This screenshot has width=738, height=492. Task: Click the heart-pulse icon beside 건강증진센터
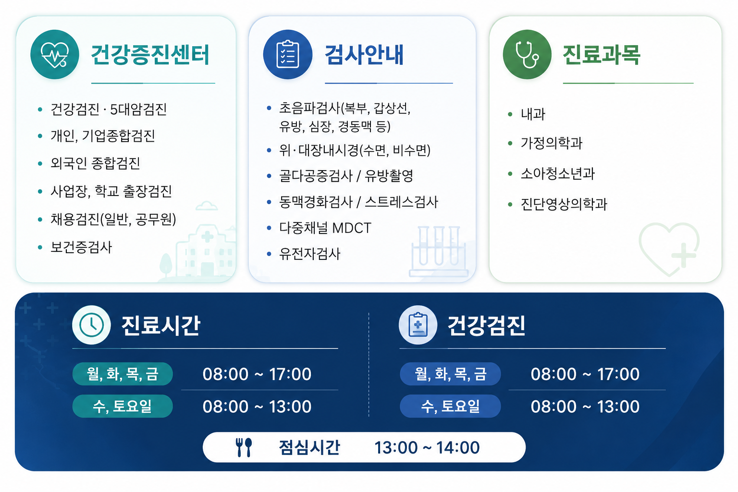click(x=55, y=54)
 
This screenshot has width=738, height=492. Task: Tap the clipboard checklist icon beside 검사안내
click(x=288, y=54)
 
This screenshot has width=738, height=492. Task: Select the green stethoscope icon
click(x=527, y=54)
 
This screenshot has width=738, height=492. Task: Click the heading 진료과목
click(x=601, y=55)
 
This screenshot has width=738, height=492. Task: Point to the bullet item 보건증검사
click(x=81, y=247)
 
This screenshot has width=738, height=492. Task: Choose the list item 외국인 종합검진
click(x=95, y=163)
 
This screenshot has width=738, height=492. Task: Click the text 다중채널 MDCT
click(x=325, y=228)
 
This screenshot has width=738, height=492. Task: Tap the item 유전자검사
click(x=310, y=254)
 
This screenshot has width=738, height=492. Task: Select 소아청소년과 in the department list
click(x=557, y=173)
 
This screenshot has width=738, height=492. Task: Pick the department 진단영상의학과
click(x=564, y=204)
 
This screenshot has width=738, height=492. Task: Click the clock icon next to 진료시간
click(x=91, y=325)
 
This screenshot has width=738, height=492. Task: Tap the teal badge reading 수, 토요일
click(x=123, y=406)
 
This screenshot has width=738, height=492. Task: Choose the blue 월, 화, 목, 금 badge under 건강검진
click(x=450, y=374)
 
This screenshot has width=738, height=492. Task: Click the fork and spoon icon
click(x=244, y=447)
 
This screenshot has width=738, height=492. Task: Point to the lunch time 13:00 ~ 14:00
click(x=427, y=447)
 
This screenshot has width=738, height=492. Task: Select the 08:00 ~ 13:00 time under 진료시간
click(x=257, y=406)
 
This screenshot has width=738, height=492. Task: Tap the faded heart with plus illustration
click(x=669, y=249)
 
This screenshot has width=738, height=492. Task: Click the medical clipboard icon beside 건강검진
click(x=418, y=325)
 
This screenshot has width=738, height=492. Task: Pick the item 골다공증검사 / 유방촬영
click(x=346, y=176)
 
